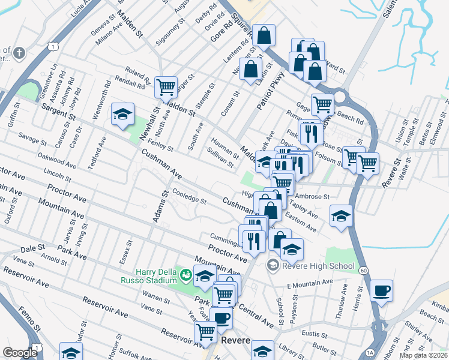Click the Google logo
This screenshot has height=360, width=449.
tap(20, 352)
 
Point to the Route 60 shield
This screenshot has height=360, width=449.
tap(364, 271)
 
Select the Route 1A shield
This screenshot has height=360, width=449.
tap(370, 353)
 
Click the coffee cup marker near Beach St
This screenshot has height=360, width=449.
tap(381, 291)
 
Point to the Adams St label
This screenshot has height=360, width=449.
tap(160, 207)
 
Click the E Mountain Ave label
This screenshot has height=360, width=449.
tap(310, 282)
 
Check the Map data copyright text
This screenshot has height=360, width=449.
tap(424, 355)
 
